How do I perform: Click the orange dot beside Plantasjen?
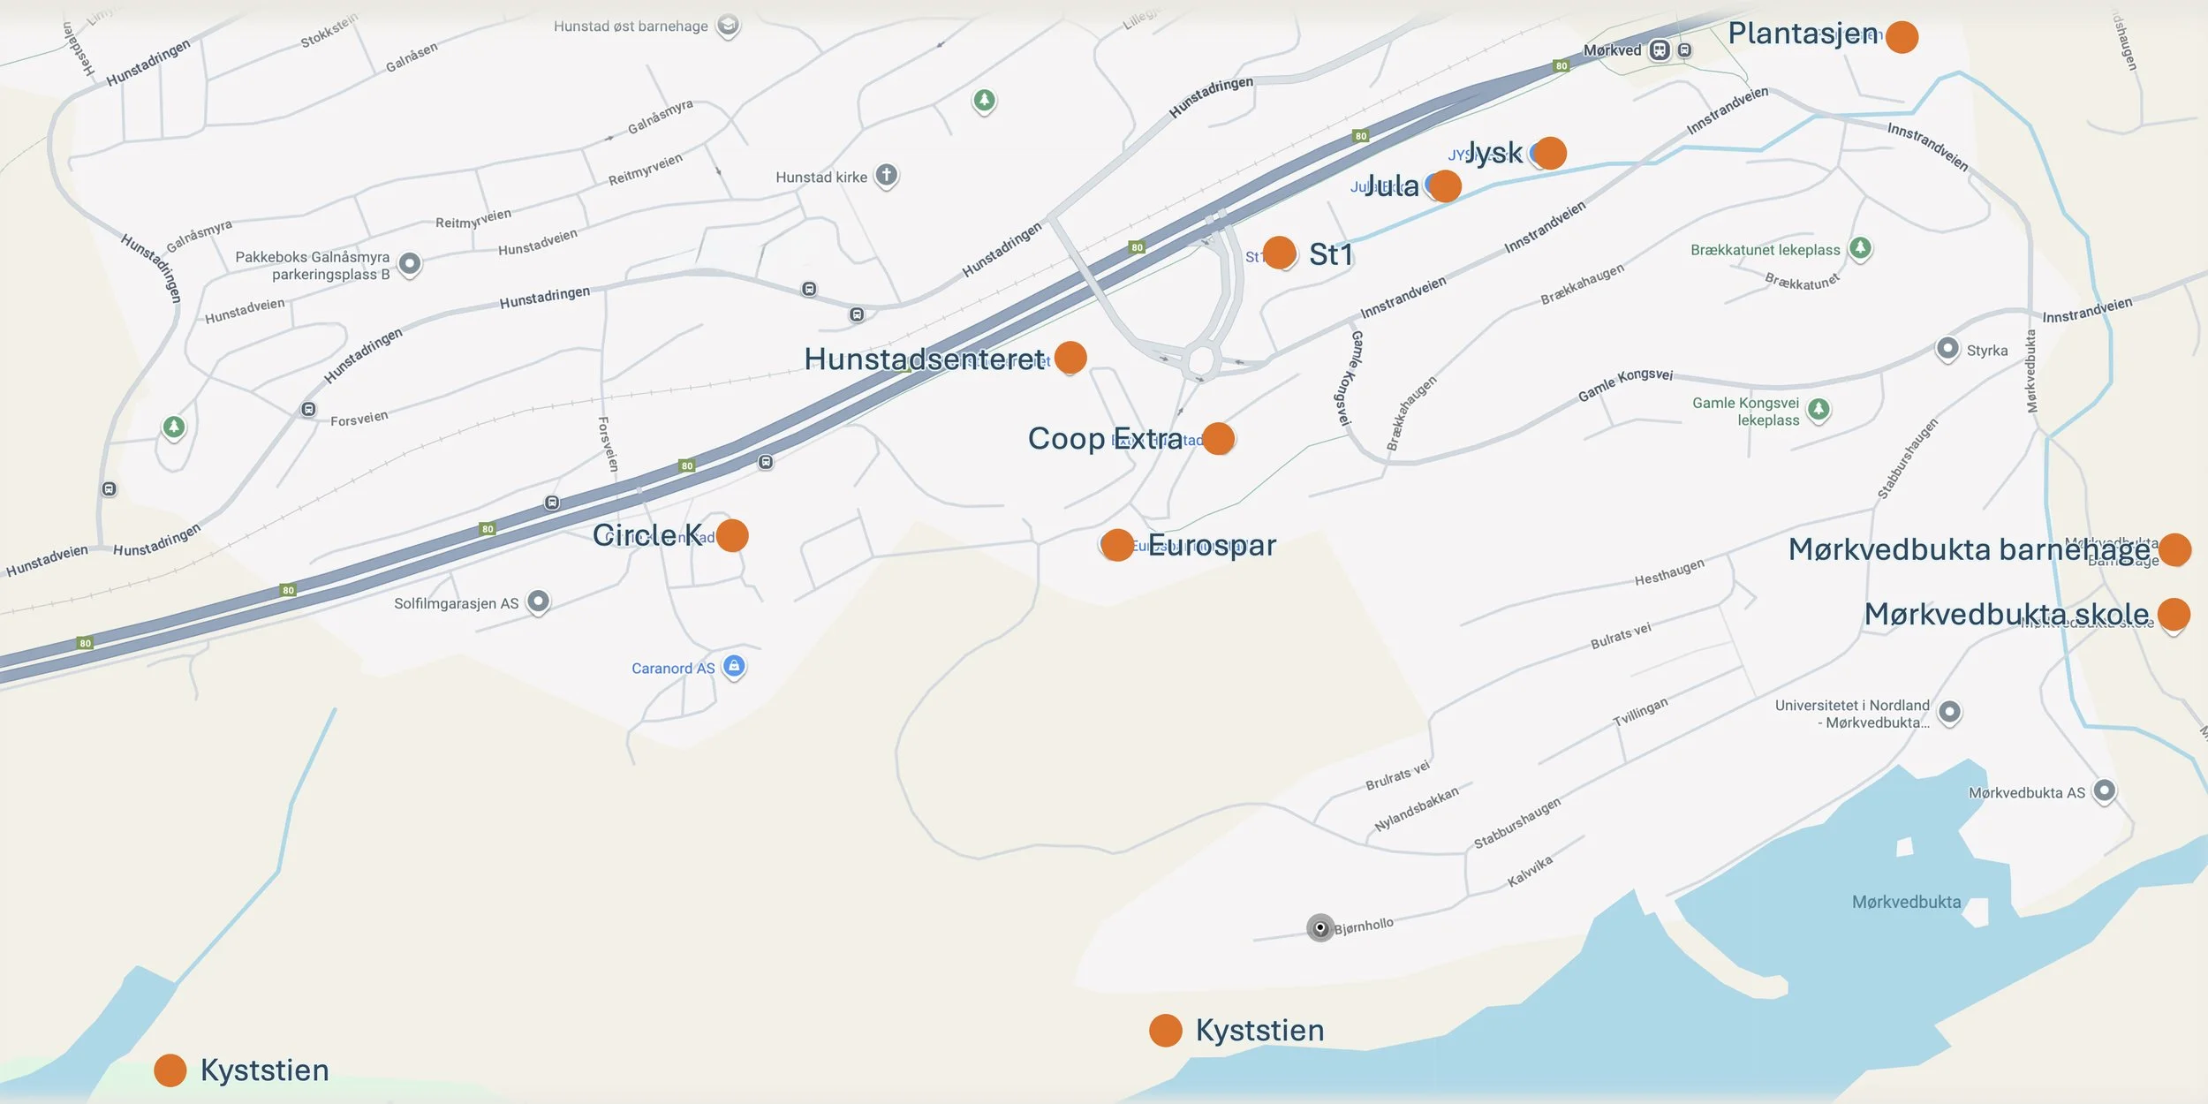point(1902,37)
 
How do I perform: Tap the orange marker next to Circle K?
point(732,535)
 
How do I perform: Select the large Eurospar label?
point(1212,545)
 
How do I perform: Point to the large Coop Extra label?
point(1105,438)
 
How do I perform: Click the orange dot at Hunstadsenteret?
point(1070,357)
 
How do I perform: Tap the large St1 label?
point(1331,254)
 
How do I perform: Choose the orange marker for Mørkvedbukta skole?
point(2174,614)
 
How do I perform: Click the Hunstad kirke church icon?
point(887,176)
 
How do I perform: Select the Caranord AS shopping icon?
point(734,667)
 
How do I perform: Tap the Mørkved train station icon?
point(1660,50)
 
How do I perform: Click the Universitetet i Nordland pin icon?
point(1950,712)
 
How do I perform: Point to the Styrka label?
point(1987,351)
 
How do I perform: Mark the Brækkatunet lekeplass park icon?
point(1860,248)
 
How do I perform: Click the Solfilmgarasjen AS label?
point(456,604)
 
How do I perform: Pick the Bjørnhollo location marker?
point(1320,927)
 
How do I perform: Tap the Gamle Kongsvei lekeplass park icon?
point(1819,409)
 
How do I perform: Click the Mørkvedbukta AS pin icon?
point(2105,790)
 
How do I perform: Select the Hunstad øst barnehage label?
point(631,26)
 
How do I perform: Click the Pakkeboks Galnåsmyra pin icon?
point(409,263)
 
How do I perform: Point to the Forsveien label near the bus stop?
point(359,418)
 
